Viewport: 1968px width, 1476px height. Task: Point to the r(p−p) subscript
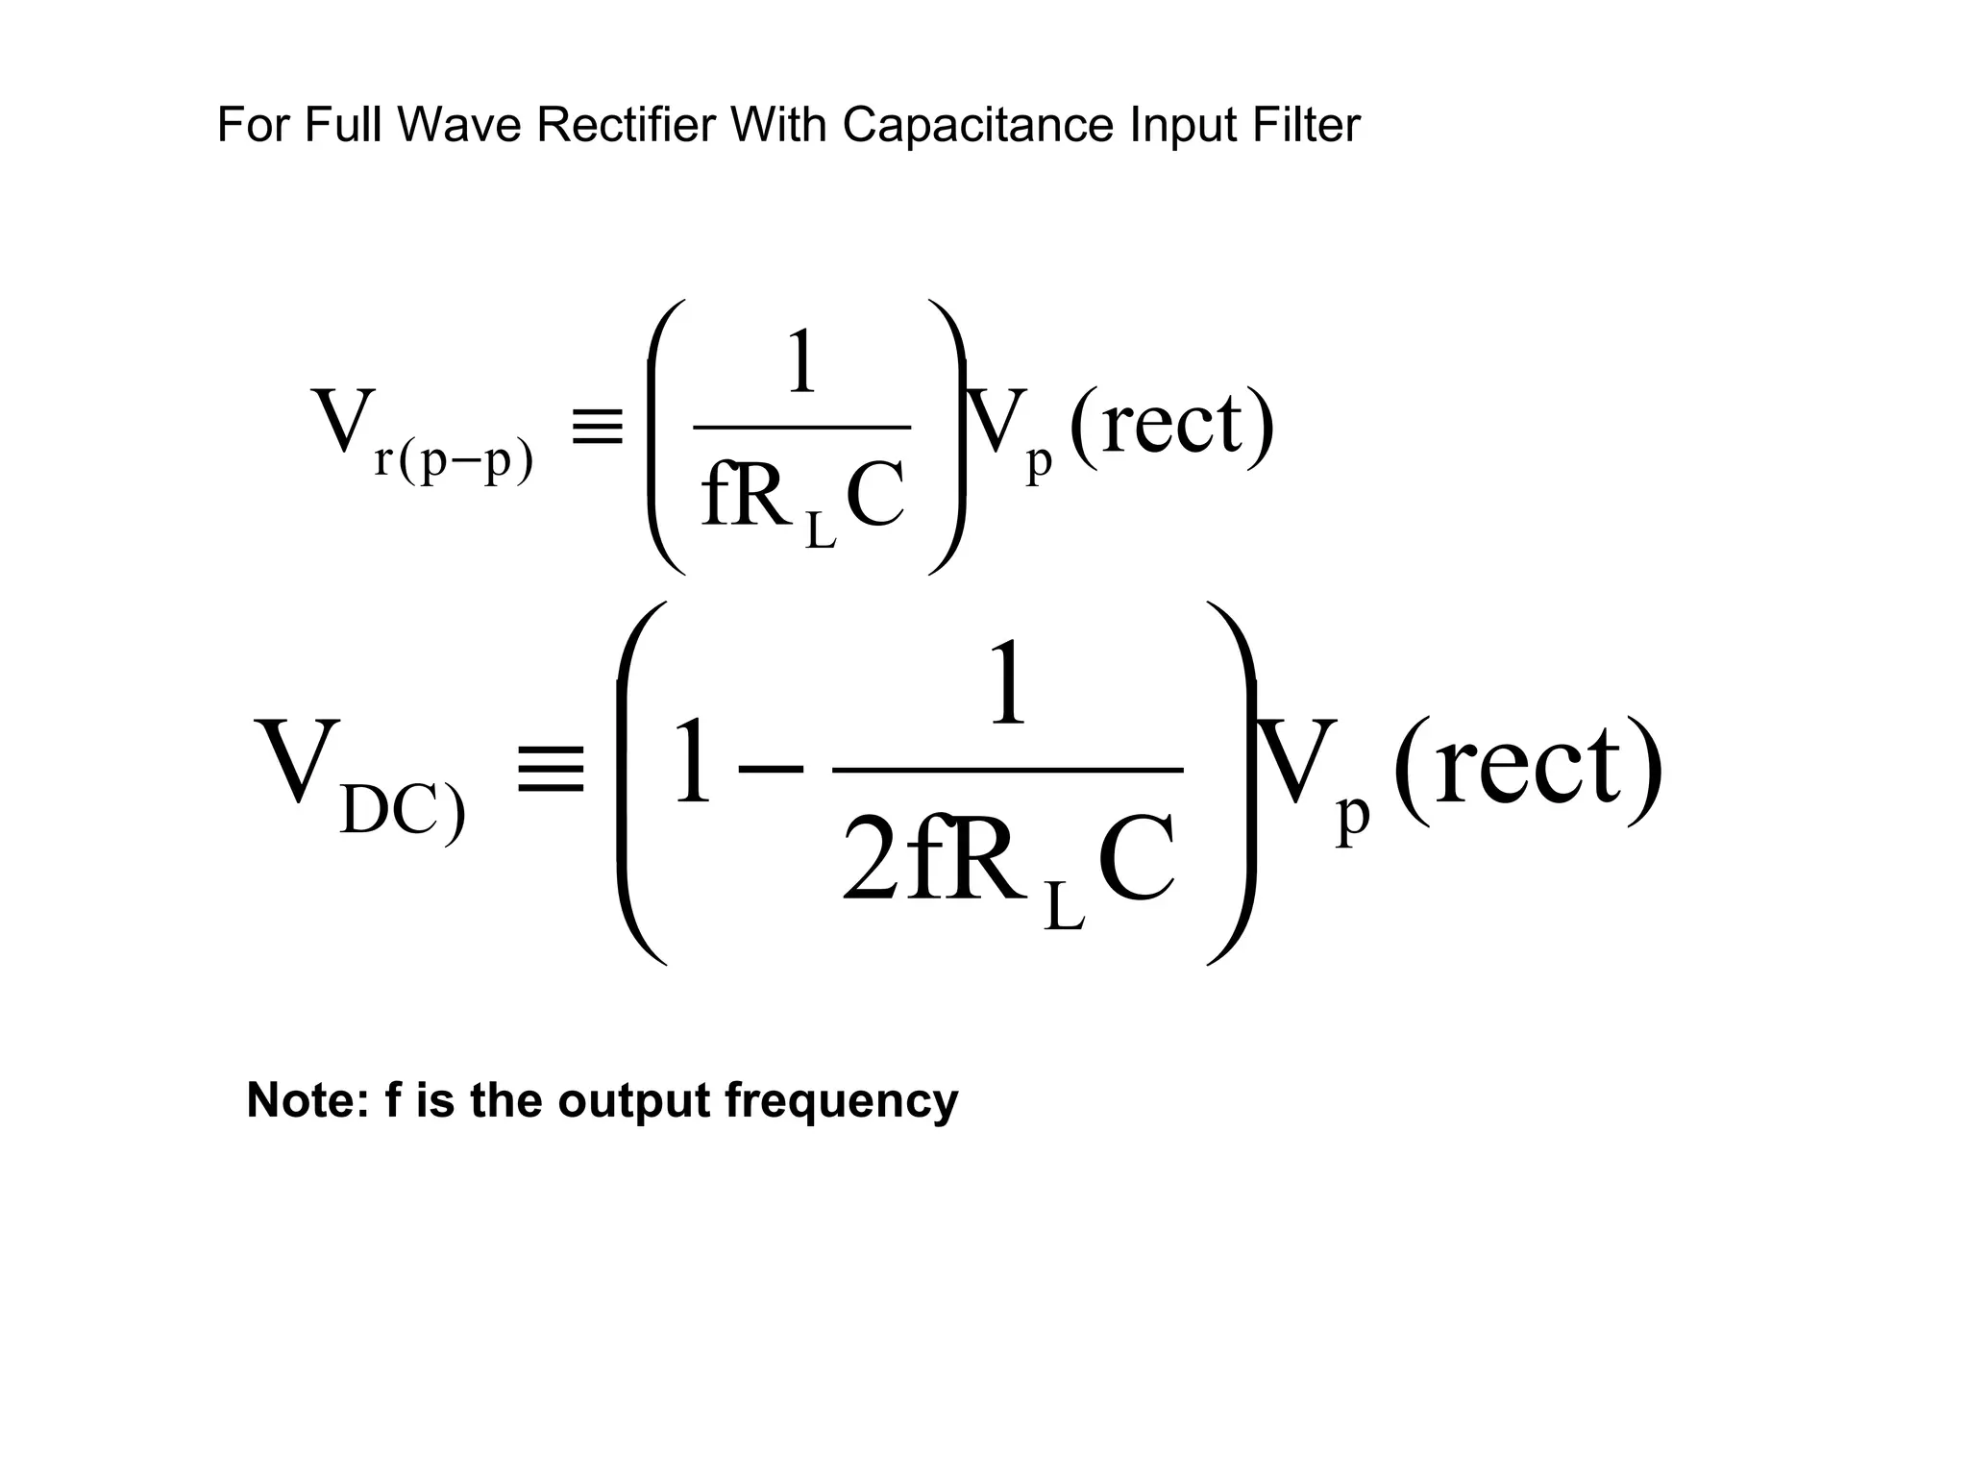pos(454,460)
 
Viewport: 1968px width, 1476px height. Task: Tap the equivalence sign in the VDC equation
pos(551,769)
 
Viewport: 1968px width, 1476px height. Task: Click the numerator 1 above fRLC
pos(800,362)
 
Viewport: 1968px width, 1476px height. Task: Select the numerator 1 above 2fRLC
pos(1007,684)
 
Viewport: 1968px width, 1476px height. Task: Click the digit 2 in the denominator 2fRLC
pos(872,860)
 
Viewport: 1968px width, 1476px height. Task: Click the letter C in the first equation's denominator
pos(875,497)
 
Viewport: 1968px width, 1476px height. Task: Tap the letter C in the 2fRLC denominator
pos(1136,860)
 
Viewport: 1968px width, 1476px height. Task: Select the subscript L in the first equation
pos(820,530)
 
